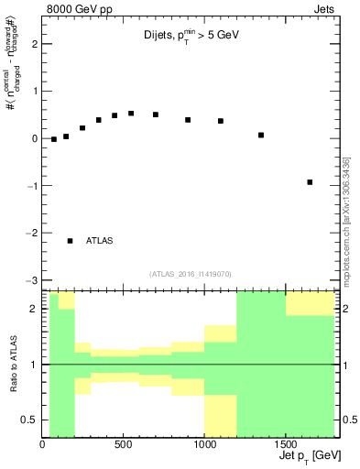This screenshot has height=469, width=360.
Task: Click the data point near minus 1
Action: (x=310, y=182)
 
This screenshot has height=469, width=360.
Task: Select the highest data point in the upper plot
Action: (x=131, y=114)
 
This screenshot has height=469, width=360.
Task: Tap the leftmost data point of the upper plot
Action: (x=54, y=139)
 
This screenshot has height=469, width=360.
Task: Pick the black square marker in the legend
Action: (x=71, y=241)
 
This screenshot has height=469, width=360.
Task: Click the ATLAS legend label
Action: (x=99, y=241)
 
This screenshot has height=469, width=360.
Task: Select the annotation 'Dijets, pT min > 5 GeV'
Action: (x=184, y=38)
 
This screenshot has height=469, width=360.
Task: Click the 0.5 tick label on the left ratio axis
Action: (x=27, y=420)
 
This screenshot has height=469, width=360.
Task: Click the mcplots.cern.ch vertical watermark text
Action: (x=346, y=220)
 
